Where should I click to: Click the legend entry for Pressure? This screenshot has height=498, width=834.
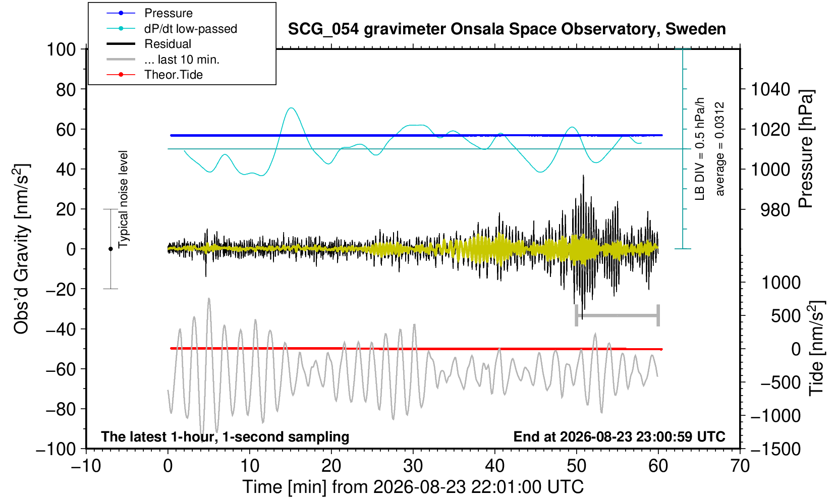coord(169,14)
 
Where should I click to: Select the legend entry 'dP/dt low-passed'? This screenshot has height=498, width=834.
coord(191,29)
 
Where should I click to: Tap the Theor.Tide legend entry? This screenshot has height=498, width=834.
coord(174,75)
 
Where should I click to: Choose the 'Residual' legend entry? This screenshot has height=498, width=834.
coord(168,44)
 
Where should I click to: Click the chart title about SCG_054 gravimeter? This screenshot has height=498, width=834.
coord(507,29)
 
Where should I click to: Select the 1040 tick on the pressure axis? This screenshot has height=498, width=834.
coord(770,89)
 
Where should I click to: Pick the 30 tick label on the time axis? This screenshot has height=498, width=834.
coord(413,466)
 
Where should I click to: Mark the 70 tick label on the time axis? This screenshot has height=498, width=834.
coord(740,466)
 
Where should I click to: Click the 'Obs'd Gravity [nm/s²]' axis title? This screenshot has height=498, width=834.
coord(22,249)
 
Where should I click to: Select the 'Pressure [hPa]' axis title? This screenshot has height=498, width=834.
coord(806,149)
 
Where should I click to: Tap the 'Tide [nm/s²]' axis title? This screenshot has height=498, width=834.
coord(817,349)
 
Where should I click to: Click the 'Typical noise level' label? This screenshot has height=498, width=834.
coord(123,199)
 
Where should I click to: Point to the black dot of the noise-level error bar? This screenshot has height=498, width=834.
coord(110,249)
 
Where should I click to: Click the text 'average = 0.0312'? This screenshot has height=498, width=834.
coord(720,149)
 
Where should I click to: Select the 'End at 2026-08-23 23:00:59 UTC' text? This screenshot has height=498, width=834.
coord(620,436)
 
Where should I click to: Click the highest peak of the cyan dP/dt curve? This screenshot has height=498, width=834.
coord(291,108)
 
